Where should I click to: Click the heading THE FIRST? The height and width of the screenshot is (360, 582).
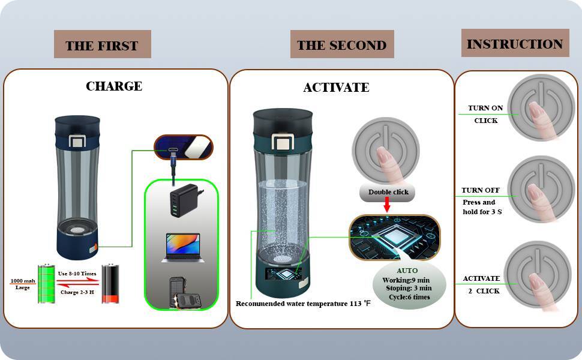pos(102,46)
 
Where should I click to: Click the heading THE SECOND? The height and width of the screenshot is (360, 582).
pos(342,45)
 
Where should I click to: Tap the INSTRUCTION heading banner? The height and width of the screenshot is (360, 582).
pos(515,43)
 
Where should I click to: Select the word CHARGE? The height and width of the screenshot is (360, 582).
pos(114,86)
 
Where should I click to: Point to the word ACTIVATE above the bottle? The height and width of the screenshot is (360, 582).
pos(336,88)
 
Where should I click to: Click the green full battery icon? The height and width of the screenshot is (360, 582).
pos(46,284)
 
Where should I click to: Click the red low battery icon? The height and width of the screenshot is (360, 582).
pos(110,284)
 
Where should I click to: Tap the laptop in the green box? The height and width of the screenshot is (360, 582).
pos(182,248)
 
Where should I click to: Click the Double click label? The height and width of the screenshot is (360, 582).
pos(388,192)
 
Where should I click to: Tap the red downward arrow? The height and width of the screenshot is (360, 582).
pos(387,205)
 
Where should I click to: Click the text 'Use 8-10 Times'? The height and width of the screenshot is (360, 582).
pos(77,274)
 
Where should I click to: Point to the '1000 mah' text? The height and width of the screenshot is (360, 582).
pos(23,281)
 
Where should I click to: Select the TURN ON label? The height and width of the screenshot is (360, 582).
pos(485,108)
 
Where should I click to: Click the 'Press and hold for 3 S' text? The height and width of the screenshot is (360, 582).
pos(482,207)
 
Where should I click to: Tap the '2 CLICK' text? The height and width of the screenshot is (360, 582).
pos(484,291)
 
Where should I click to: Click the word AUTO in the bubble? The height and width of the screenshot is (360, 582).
pos(407,271)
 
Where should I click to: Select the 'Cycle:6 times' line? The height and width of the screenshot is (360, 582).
pos(409,297)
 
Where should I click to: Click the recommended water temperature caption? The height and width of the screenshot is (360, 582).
pos(303,304)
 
